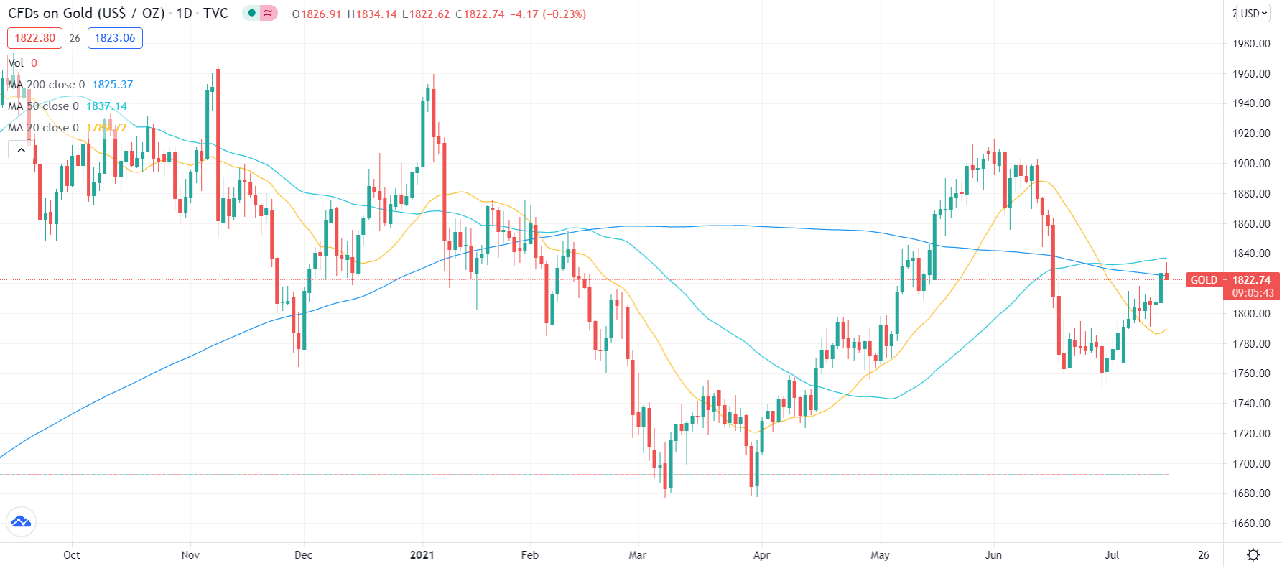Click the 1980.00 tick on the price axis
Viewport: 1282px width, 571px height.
tap(1251, 44)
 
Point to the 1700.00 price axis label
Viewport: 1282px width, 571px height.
tap(1251, 464)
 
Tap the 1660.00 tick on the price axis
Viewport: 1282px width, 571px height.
tap(1251, 524)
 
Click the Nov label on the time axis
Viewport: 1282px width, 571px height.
tap(190, 555)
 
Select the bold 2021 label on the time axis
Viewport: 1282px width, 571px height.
tap(422, 555)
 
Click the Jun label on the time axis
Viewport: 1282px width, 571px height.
tap(993, 555)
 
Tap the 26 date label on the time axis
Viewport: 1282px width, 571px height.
tap(1204, 555)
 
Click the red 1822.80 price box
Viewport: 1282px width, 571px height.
tap(34, 38)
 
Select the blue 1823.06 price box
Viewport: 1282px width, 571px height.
tap(115, 38)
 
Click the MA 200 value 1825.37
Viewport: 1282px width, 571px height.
tap(113, 85)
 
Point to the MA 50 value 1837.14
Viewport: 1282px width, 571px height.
tap(106, 106)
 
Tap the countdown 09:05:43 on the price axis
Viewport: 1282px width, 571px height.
tap(1253, 293)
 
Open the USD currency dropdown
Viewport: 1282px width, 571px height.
tap(1254, 13)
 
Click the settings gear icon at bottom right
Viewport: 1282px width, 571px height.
tap(1253, 555)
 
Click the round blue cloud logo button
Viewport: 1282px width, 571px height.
tap(21, 522)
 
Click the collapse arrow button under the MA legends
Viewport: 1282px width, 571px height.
tap(21, 150)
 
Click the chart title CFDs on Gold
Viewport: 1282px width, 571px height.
tap(86, 14)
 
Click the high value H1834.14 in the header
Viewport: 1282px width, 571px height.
tap(372, 14)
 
